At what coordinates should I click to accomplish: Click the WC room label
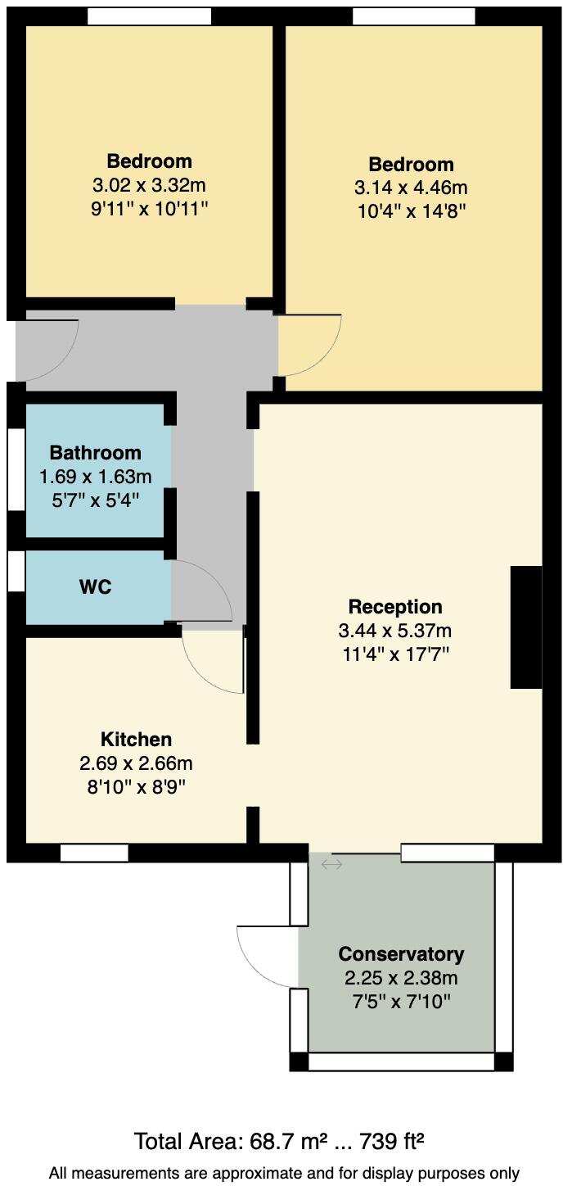pos(95,587)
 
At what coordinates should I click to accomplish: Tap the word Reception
pos(394,607)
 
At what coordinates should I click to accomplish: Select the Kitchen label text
pos(136,740)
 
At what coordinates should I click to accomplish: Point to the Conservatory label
pos(401,954)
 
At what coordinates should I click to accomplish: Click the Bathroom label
pos(95,453)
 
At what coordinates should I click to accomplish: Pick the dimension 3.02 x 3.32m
pos(149,185)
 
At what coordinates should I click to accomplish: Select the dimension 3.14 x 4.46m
pos(411,188)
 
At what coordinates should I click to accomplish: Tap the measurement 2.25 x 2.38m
pos(401,978)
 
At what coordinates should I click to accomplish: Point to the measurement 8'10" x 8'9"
pos(136,788)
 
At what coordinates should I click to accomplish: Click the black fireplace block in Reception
pos(526,627)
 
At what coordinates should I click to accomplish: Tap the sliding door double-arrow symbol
pos(331,864)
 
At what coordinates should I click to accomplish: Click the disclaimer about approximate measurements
pos(283,1173)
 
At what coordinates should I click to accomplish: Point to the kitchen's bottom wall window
pos(94,853)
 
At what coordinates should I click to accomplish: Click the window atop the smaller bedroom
pos(149,16)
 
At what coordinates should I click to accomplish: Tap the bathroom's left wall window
pos(16,469)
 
